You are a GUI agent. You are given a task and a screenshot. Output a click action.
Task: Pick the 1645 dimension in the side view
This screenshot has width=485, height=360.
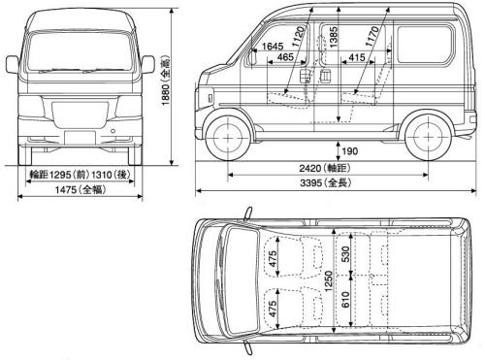[x=274, y=46]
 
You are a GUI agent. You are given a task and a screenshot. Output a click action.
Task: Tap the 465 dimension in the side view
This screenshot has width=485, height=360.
[x=285, y=58]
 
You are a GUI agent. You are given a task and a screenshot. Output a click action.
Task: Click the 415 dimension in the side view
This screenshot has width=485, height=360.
[x=356, y=58]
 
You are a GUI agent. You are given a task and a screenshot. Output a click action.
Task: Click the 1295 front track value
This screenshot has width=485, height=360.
[x=58, y=176]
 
